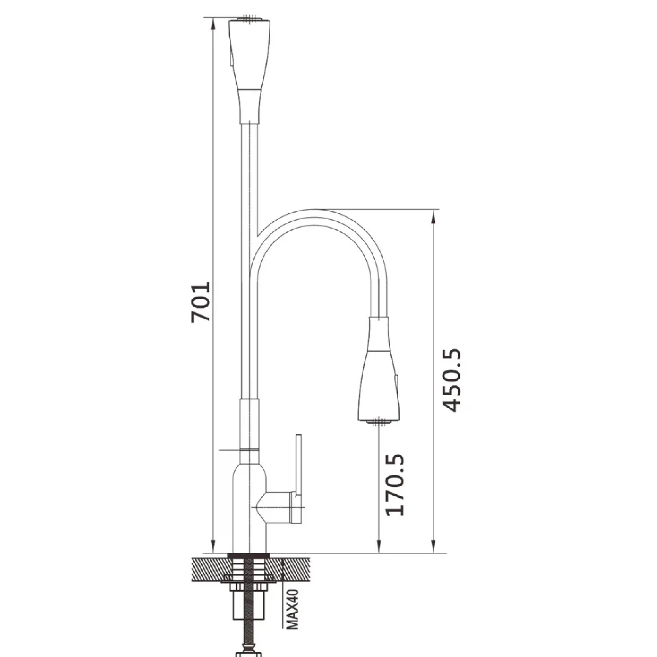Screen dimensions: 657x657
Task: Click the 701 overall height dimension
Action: click(201, 302)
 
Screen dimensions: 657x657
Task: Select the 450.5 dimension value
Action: click(451, 380)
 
